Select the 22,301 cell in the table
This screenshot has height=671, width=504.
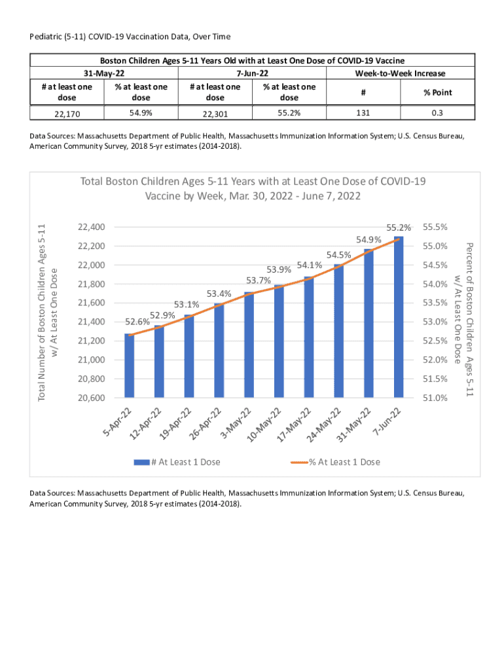point(215,114)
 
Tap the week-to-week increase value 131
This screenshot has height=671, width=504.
point(363,113)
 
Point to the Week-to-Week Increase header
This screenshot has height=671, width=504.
point(400,73)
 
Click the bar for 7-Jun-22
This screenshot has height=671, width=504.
point(399,317)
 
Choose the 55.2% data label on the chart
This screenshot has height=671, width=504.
point(399,228)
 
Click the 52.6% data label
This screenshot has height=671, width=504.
point(137,322)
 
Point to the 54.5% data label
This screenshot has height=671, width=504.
point(339,254)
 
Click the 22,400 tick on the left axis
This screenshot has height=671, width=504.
point(91,227)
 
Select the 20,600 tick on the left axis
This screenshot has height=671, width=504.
point(91,398)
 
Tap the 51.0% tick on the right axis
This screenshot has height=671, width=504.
point(435,398)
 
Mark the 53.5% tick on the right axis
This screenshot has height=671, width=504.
point(435,303)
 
